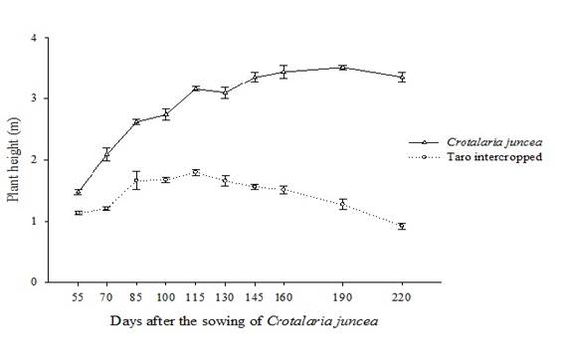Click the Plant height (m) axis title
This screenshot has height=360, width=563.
pyautogui.click(x=14, y=159)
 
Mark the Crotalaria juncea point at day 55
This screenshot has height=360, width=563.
pyautogui.click(x=78, y=192)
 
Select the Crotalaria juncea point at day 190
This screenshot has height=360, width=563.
pyautogui.click(x=343, y=68)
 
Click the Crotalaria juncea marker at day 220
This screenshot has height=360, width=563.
pyautogui.click(x=402, y=77)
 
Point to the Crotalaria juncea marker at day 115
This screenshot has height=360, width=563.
pyautogui.click(x=196, y=89)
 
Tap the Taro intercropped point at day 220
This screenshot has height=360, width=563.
pyautogui.click(x=402, y=227)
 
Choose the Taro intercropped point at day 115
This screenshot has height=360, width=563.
pyautogui.click(x=196, y=172)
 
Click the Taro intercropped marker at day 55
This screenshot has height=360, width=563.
pyautogui.click(x=78, y=213)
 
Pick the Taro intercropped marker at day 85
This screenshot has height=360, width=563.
pyautogui.click(x=136, y=181)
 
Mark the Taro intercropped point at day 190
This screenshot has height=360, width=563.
pyautogui.click(x=343, y=204)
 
